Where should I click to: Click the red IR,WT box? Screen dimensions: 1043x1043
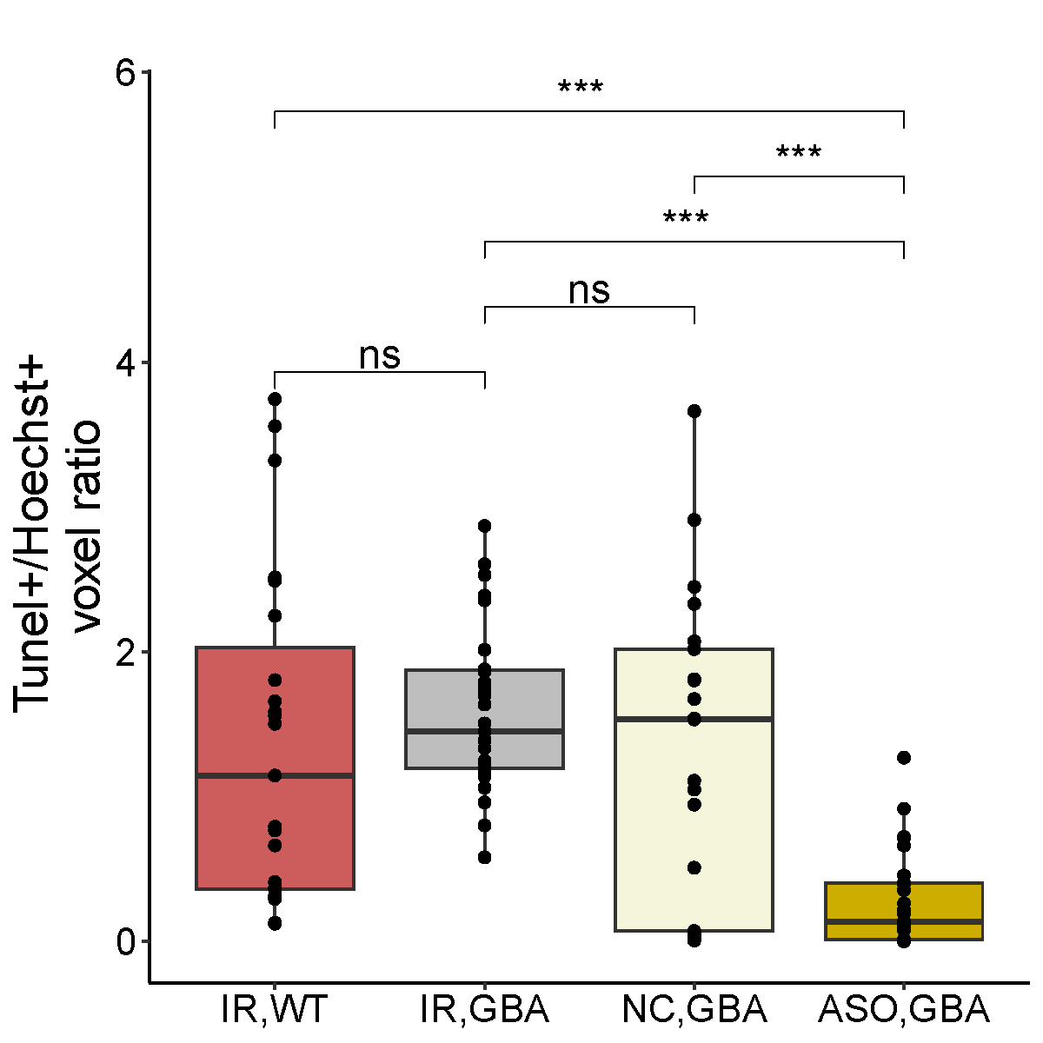[x=275, y=834]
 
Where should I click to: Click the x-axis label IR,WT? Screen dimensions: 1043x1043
[x=275, y=1010]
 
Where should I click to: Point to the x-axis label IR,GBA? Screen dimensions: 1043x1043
[x=484, y=1010]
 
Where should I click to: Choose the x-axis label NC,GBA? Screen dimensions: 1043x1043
[x=694, y=1010]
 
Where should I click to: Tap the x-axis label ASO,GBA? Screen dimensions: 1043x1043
[x=904, y=1010]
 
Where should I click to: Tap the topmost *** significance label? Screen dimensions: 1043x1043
[x=580, y=89]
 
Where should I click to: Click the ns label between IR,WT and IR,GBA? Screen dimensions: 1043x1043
[x=380, y=355]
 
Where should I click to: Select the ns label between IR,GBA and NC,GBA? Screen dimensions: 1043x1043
[x=589, y=291]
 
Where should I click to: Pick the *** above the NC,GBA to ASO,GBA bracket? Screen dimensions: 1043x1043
[x=798, y=155]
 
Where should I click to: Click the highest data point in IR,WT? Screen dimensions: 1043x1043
[x=275, y=399]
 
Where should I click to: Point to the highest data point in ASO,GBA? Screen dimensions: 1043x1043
[x=904, y=758]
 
